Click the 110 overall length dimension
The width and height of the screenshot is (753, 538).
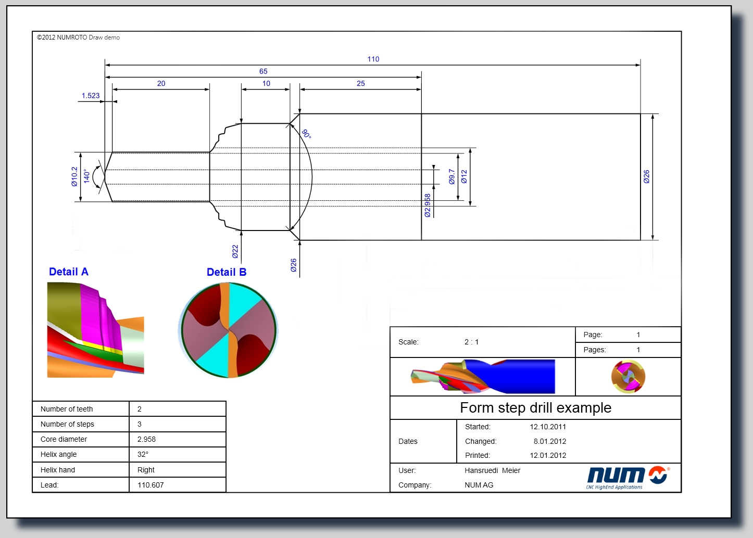click(x=373, y=59)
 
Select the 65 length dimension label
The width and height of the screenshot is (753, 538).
click(x=263, y=71)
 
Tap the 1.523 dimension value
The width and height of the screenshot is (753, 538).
click(x=91, y=95)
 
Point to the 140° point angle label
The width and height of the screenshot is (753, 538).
click(x=86, y=176)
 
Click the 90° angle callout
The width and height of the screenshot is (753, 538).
click(x=306, y=134)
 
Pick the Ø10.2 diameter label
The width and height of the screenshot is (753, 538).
click(x=74, y=177)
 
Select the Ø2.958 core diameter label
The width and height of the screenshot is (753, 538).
click(x=427, y=206)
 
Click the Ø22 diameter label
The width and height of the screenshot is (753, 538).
click(x=235, y=251)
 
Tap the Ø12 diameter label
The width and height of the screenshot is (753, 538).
click(x=464, y=177)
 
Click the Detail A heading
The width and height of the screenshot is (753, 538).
click(x=69, y=272)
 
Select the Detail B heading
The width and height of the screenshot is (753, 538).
click(x=227, y=272)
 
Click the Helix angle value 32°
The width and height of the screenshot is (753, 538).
click(x=143, y=454)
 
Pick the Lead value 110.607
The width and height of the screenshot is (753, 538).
click(x=150, y=485)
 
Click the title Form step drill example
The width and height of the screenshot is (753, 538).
click(x=535, y=408)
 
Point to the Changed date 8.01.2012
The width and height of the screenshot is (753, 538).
click(x=549, y=441)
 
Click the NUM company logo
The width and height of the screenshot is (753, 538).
click(x=628, y=477)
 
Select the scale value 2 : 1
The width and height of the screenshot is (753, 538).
click(x=471, y=342)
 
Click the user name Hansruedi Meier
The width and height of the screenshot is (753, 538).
click(x=493, y=470)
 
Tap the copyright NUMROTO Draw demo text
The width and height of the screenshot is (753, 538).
click(x=78, y=37)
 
